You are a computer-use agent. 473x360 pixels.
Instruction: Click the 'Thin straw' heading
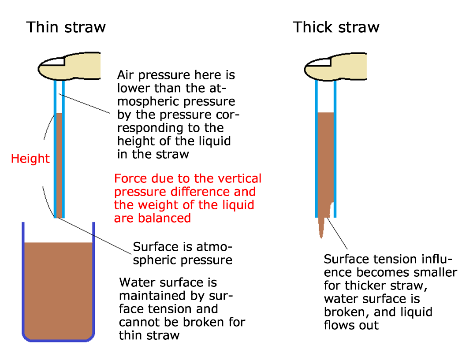point(66,27)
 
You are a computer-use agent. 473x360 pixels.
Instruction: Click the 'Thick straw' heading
point(336,27)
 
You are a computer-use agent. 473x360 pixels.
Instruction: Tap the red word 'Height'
point(30,159)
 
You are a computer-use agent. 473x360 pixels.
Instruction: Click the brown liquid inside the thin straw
point(59,165)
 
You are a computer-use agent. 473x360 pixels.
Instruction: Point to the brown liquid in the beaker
point(58,291)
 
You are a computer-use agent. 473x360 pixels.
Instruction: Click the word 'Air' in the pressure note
point(125,75)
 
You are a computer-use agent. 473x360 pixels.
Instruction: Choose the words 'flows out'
point(351,325)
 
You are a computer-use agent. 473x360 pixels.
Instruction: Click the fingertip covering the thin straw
point(69,67)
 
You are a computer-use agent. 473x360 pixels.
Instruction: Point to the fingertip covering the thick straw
point(335,67)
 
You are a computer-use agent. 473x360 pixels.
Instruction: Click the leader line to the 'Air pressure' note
point(85,104)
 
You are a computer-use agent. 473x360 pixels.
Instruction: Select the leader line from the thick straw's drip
point(337,233)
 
